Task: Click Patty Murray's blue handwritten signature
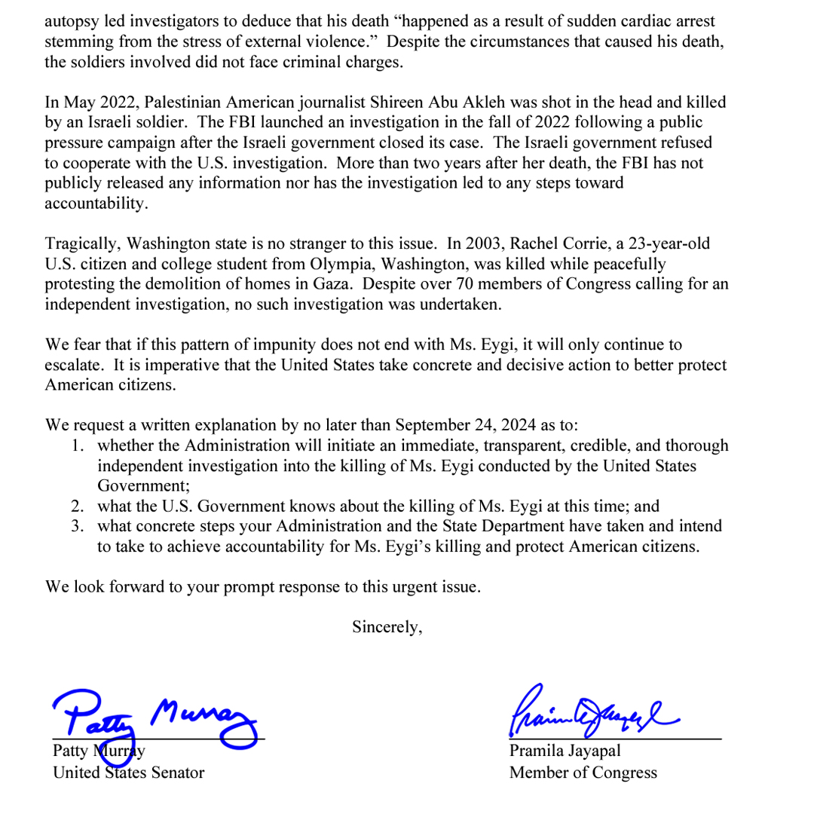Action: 155,716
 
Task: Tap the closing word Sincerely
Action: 387,626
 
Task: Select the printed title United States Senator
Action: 128,773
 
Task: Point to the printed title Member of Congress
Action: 583,773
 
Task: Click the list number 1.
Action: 77,445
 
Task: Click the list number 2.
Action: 77,506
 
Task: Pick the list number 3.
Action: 77,526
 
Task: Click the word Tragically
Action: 83,243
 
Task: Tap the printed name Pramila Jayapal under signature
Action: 565,751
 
